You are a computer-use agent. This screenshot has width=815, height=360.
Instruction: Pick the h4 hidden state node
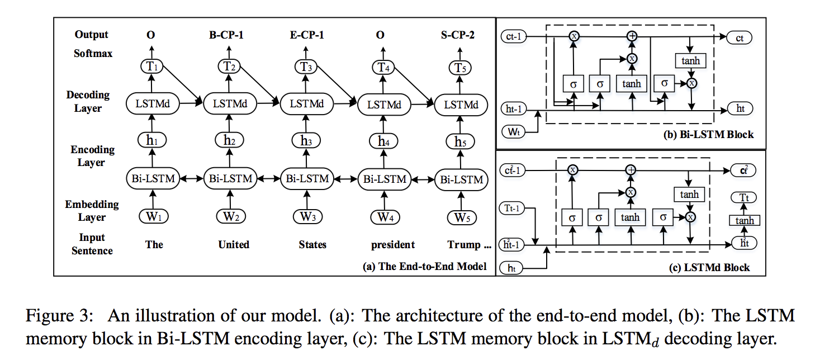[382, 141]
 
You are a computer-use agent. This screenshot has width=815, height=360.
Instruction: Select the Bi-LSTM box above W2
[229, 179]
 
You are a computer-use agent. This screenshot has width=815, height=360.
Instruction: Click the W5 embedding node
[461, 217]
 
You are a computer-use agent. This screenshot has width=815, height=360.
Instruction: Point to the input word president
[392, 244]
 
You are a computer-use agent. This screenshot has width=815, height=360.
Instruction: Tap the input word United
[234, 244]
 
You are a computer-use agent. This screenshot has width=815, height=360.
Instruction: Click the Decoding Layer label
[88, 101]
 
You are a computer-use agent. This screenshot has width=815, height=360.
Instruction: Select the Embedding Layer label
[92, 211]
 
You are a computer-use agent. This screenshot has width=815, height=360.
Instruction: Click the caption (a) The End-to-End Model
[424, 267]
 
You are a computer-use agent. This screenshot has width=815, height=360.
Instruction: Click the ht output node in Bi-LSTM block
[740, 109]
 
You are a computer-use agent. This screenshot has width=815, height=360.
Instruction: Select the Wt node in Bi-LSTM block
[514, 132]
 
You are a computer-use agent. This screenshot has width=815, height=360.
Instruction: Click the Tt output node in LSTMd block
[744, 198]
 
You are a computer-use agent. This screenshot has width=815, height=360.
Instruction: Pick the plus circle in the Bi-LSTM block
[632, 36]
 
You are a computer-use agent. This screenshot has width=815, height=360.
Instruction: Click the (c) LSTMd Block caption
[709, 268]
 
